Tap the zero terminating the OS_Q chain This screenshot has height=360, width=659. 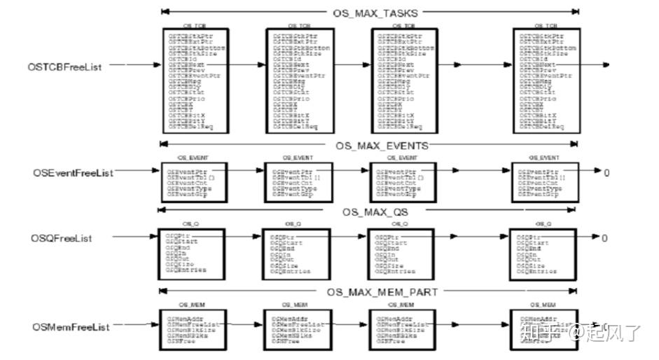pyautogui.click(x=605, y=239)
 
